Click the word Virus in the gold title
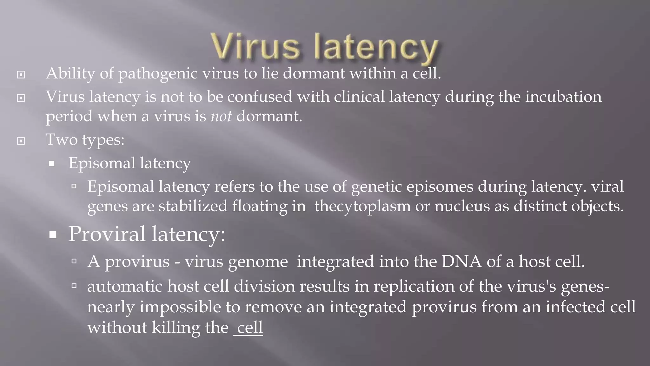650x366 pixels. [255, 48]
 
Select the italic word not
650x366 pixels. [221, 116]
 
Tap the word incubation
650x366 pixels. [563, 97]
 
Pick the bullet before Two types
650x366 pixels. [21, 141]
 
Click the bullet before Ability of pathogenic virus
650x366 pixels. [21, 75]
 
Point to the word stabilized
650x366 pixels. [193, 207]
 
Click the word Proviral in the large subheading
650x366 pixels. [107, 234]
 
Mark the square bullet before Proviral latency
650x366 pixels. [53, 235]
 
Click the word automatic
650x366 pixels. [125, 287]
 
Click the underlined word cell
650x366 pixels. [250, 328]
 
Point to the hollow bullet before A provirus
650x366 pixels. [74, 261]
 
